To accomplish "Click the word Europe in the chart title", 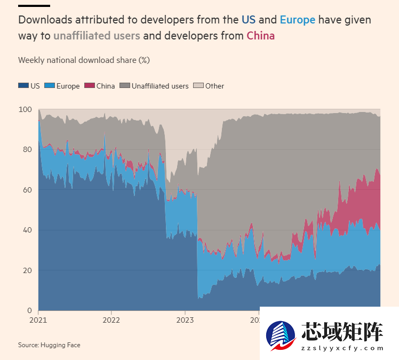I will click(298, 20).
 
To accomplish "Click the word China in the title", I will click(260, 36).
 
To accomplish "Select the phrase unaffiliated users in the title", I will click(97, 36).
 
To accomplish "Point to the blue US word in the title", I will click(249, 20).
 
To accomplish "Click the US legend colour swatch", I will click(23, 86).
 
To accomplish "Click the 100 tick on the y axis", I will click(26, 109).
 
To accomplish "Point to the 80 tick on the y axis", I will click(28, 150).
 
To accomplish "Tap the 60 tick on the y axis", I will click(28, 190).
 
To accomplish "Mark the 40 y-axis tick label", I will click(28, 230).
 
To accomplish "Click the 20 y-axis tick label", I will click(28, 270).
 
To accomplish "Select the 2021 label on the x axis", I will click(38, 321).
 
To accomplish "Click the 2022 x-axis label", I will click(111, 321).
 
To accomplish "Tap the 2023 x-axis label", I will click(185, 321).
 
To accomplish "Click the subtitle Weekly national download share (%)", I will click(84, 60).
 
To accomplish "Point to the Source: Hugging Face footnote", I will click(49, 345).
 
